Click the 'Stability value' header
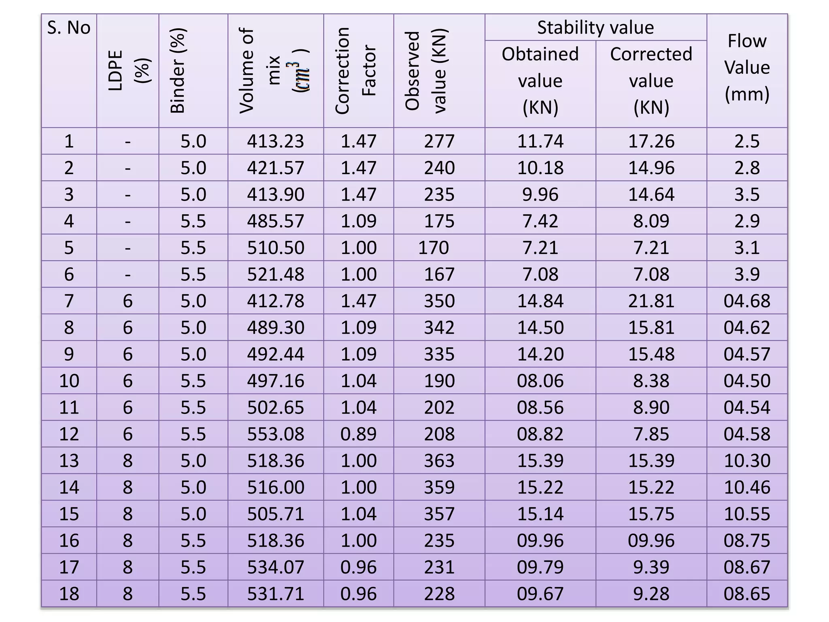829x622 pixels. pyautogui.click(x=595, y=28)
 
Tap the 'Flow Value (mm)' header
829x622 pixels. pyautogui.click(x=747, y=67)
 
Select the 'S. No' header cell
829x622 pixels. pyautogui.click(x=68, y=28)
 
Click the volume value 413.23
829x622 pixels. pyautogui.click(x=275, y=141)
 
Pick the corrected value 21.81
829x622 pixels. pyautogui.click(x=651, y=301)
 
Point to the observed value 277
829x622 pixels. pyautogui.click(x=439, y=141)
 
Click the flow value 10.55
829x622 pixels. pyautogui.click(x=747, y=514)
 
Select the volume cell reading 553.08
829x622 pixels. pyautogui.click(x=275, y=434)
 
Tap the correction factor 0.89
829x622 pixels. pyautogui.click(x=358, y=434)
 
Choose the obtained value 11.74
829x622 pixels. pyautogui.click(x=540, y=141)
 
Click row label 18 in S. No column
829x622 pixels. pyautogui.click(x=69, y=594)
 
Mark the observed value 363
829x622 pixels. pyautogui.click(x=439, y=461)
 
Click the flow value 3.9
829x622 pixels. pyautogui.click(x=747, y=275)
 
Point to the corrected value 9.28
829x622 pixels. pyautogui.click(x=651, y=594)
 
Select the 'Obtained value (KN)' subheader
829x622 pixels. pyautogui.click(x=540, y=81)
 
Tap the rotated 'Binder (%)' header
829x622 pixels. pyautogui.click(x=178, y=70)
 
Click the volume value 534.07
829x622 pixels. pyautogui.click(x=275, y=567)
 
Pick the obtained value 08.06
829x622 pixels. pyautogui.click(x=540, y=381)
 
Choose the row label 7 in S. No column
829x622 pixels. pyautogui.click(x=69, y=301)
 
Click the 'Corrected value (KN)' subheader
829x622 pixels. pyautogui.click(x=651, y=81)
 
